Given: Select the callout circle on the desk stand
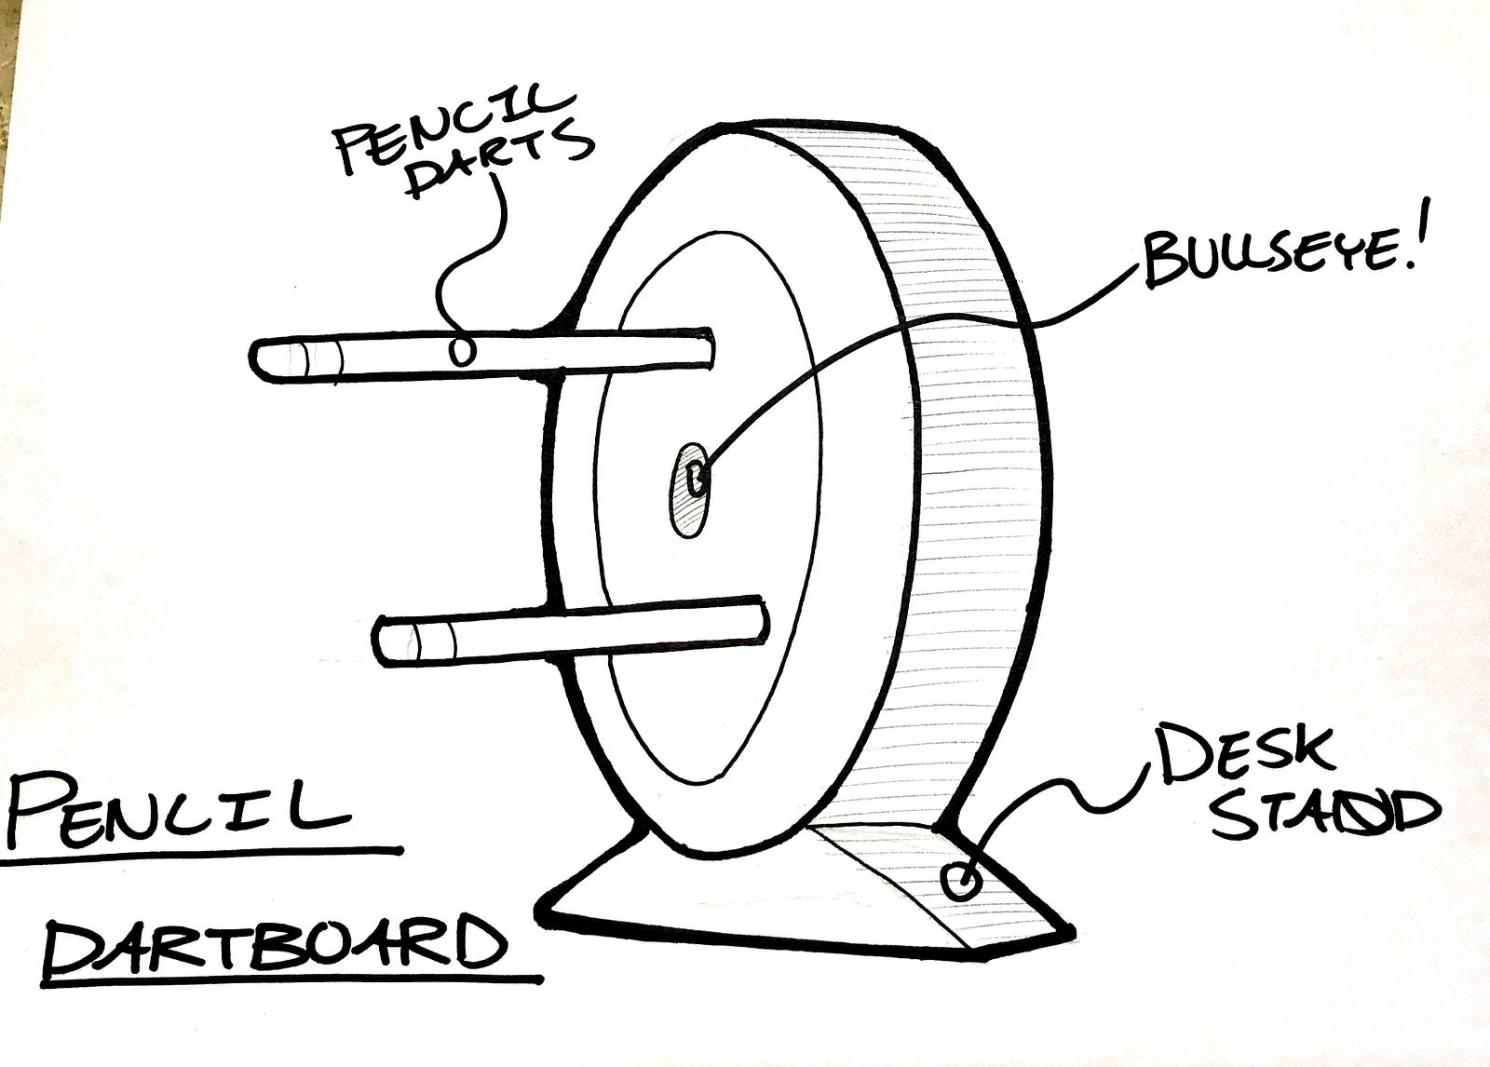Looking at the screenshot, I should tap(959, 879).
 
